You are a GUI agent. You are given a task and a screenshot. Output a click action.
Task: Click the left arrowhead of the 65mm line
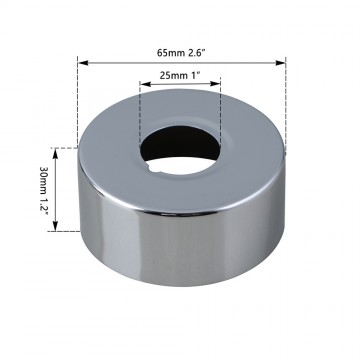82,61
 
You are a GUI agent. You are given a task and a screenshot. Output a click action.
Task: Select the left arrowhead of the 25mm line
143,90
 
